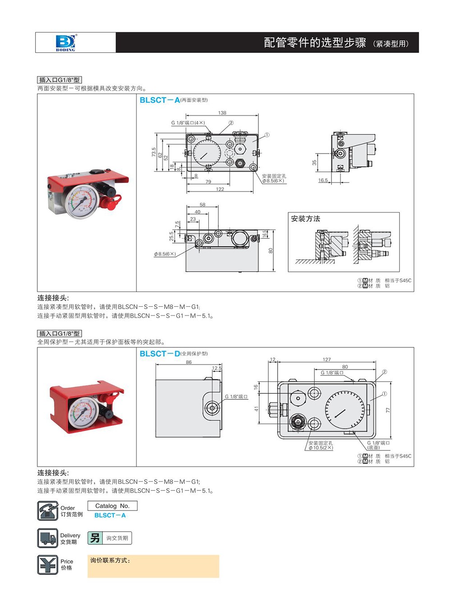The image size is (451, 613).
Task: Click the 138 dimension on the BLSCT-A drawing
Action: tap(222, 113)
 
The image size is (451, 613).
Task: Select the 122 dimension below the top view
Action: tap(220, 189)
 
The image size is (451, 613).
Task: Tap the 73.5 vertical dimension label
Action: tap(154, 152)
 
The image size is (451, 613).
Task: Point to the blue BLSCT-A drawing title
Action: tap(160, 100)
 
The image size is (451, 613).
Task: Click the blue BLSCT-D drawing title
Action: tap(160, 354)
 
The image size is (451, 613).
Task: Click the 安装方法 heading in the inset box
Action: tap(305, 219)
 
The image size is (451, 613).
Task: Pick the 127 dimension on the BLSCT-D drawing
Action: tap(327, 360)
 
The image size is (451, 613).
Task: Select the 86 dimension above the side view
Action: tap(189, 362)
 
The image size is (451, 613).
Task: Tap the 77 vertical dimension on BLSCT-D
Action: tap(388, 410)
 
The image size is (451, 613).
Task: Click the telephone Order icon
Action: tap(47, 511)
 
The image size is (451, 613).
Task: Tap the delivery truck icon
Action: tap(47, 538)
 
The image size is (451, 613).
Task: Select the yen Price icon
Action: tap(47, 565)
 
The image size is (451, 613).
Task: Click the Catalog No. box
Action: tap(112, 506)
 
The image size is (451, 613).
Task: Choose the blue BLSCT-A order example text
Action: tap(110, 515)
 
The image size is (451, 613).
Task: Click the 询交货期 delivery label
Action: tap(117, 538)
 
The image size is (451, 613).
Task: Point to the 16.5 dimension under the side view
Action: tap(323, 180)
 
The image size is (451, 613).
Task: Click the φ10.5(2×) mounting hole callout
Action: tap(321, 448)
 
